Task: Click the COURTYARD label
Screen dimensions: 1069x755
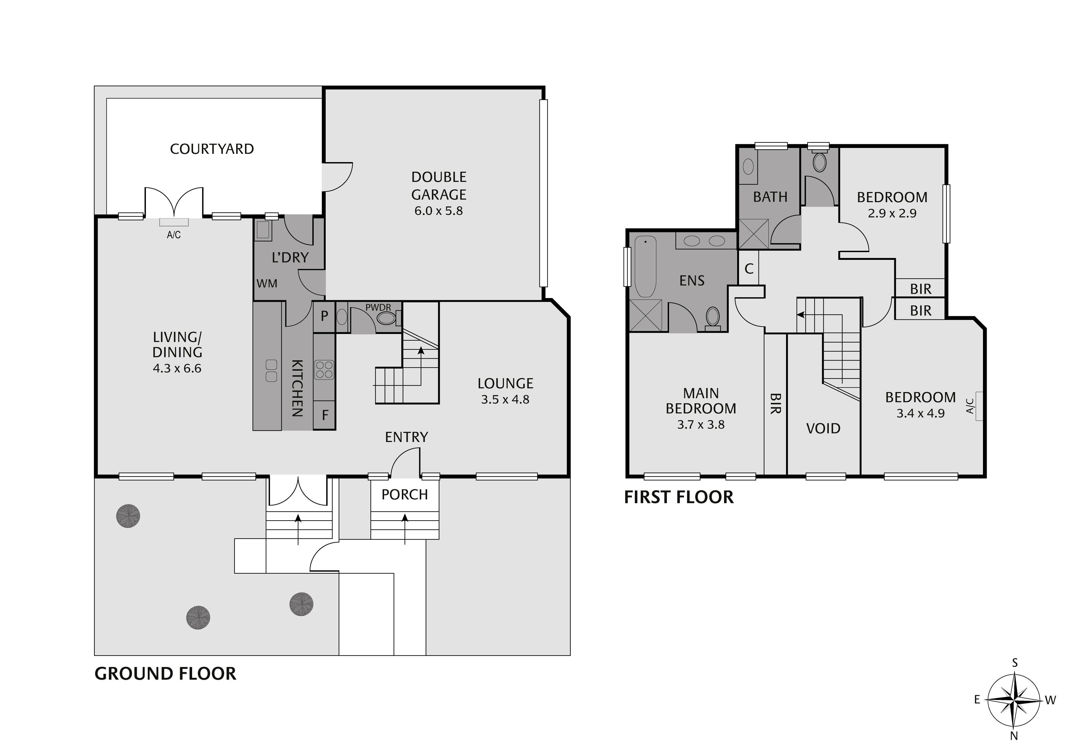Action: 212,149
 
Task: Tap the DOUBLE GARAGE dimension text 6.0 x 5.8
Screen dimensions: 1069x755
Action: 439,211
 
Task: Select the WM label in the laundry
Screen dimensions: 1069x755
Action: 267,283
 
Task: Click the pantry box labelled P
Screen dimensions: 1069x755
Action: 325,316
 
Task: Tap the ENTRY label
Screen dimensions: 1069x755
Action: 406,437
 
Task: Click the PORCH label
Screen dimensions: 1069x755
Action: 405,494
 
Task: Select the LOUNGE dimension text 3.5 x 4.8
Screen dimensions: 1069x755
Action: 505,399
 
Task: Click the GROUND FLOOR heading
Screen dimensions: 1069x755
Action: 165,674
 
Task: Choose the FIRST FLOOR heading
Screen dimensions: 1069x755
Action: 679,497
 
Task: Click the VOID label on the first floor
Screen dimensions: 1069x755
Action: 823,428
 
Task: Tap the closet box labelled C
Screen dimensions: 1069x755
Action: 749,269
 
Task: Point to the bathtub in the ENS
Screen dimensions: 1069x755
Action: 645,266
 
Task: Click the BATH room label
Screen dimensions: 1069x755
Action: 770,197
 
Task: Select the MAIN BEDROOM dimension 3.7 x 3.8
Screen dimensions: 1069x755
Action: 701,425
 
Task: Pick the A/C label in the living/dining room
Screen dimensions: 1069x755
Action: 174,235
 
